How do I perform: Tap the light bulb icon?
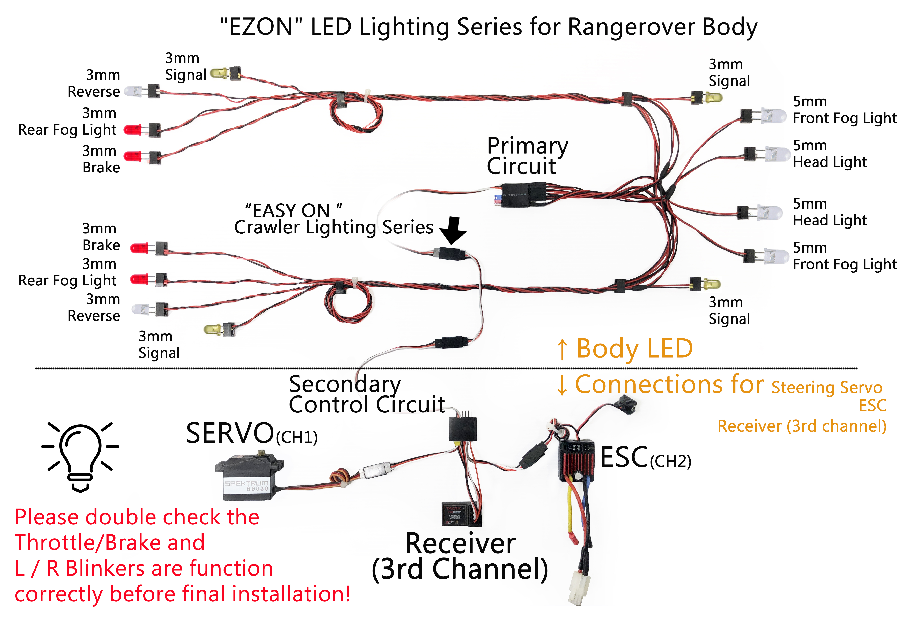tap(80, 456)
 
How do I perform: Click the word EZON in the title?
tap(261, 27)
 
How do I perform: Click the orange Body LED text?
tap(634, 348)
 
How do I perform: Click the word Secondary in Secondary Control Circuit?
tap(345, 384)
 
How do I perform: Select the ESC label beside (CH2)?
tap(624, 458)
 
